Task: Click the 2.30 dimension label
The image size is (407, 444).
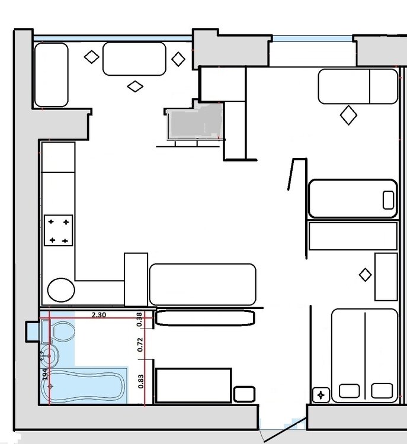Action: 99,314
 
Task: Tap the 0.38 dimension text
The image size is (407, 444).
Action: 139,320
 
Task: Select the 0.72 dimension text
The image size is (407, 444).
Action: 140,345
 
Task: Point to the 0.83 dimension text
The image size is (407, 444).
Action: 141,381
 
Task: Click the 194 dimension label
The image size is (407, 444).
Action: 45,374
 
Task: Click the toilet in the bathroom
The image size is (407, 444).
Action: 58,332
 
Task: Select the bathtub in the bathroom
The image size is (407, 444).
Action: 83,385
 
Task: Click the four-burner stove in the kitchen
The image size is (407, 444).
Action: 59,230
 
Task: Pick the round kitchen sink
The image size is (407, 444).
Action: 61,290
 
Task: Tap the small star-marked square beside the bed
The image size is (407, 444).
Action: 321,395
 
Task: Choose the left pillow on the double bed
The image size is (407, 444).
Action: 350,391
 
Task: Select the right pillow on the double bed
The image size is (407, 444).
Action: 382,391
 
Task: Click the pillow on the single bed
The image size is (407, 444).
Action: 388,200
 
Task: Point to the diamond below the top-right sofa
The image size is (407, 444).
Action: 348,115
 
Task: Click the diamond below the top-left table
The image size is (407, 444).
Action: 135,86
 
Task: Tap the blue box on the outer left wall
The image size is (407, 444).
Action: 33,331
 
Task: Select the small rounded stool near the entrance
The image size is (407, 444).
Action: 244,394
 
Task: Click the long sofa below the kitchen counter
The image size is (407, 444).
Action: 203,284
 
